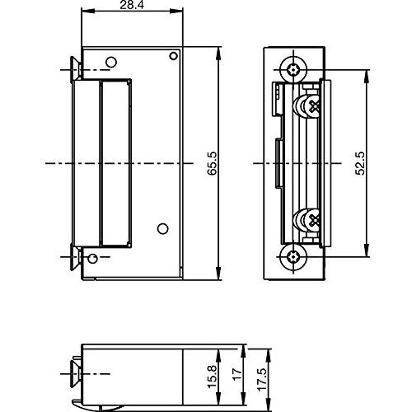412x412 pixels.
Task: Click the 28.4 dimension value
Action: tap(132, 5)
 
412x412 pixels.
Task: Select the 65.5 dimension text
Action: tap(213, 163)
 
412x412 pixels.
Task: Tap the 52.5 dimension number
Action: tap(360, 163)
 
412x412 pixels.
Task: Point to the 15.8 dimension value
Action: tap(213, 377)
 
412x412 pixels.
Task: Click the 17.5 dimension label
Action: tap(261, 380)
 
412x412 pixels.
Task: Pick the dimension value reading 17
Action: tap(237, 373)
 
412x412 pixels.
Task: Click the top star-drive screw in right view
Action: tap(293, 70)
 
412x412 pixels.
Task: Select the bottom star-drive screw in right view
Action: tap(293, 257)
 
